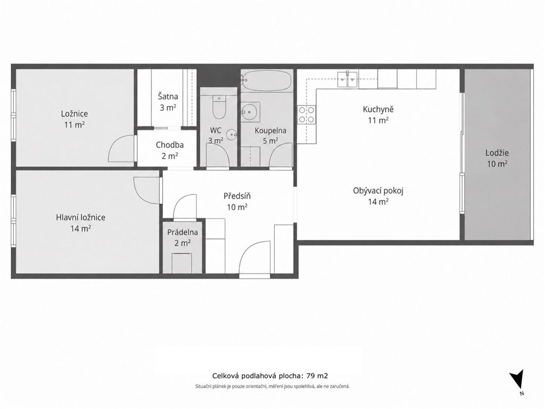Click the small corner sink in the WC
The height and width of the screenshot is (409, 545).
232,134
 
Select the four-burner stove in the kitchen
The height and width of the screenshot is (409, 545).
307,115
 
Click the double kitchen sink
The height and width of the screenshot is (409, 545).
347,79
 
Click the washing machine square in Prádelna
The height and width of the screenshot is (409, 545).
182,263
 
